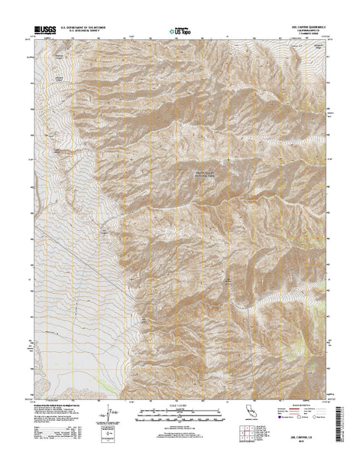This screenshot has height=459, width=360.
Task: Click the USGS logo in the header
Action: tap(45, 32)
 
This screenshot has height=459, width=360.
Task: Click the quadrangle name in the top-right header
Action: tap(294, 28)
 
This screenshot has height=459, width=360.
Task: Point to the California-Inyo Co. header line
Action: tap(294, 32)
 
